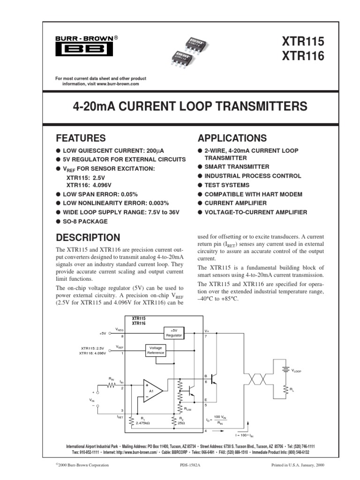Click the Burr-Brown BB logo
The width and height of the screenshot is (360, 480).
[x=82, y=49]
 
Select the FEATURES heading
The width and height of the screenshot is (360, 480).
[x=81, y=138]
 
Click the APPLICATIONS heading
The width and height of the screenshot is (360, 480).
[x=232, y=138]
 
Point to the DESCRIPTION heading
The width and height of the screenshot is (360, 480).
[x=88, y=237]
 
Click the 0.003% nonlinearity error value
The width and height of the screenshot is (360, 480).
[x=157, y=203]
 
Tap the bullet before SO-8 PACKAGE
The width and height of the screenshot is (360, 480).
[x=59, y=221]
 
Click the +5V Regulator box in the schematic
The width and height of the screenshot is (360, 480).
[x=173, y=333]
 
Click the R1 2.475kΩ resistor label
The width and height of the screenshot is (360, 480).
[x=142, y=421]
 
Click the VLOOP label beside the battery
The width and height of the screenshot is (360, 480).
[x=297, y=370]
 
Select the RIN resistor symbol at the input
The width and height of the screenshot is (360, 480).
[x=111, y=385]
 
